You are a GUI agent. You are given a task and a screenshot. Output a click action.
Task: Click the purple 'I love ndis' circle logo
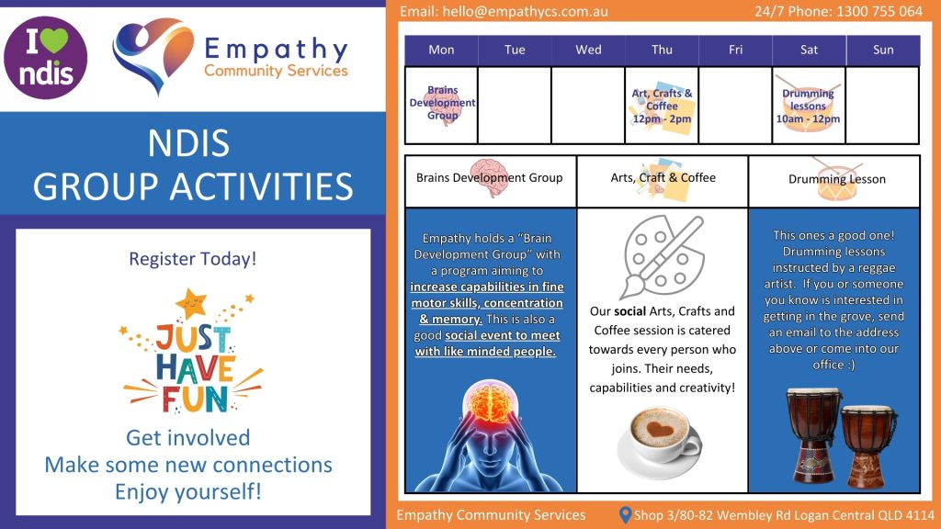tap(46, 58)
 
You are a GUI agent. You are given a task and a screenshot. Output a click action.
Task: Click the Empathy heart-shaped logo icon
tap(153, 55)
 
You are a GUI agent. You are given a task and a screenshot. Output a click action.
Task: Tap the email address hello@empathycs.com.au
tap(525, 11)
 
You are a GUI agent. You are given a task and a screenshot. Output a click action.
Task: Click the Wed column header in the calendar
tap(588, 50)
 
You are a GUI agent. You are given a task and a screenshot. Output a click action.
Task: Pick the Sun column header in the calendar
tap(883, 50)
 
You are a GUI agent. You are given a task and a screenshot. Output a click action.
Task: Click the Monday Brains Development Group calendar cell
tap(442, 105)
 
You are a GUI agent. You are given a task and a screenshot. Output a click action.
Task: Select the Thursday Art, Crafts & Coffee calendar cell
tap(662, 105)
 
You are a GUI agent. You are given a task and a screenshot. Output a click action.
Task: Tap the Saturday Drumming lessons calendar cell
tap(809, 105)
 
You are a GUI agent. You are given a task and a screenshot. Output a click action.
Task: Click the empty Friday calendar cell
tap(735, 105)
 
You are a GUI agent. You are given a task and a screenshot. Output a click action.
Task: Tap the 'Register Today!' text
tap(193, 259)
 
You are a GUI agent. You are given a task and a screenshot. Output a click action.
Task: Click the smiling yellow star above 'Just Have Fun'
tap(191, 303)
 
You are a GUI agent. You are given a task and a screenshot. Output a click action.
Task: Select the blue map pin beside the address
tap(625, 515)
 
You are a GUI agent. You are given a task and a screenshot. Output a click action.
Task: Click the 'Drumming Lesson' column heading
tap(836, 179)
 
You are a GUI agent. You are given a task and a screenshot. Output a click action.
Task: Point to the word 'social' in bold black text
tap(629, 311)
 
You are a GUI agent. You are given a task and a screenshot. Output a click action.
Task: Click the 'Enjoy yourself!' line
tap(188, 492)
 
